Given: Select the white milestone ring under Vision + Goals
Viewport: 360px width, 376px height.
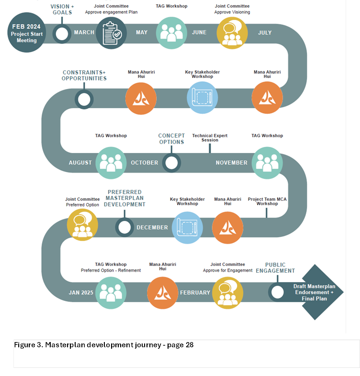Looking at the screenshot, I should tap(62, 33).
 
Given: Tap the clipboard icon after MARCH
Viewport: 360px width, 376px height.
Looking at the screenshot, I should tap(111, 33).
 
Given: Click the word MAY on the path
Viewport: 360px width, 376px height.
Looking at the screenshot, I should tap(142, 33).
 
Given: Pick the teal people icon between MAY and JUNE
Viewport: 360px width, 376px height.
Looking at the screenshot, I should tap(171, 33).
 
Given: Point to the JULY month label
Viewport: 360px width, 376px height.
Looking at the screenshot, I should tap(265, 33).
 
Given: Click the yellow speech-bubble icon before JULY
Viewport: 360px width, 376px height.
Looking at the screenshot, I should tap(232, 33).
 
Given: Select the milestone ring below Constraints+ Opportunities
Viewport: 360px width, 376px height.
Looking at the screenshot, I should tap(84, 99).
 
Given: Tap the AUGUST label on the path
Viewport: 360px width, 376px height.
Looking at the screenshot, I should tap(80, 163).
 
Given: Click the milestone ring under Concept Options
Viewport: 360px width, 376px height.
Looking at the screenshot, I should tap(171, 162).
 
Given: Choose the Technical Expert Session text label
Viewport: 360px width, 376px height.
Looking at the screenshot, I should tap(210, 138).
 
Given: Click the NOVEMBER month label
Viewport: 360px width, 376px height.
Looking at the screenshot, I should tap(232, 163).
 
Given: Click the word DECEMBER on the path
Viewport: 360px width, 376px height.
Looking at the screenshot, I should tap(152, 228).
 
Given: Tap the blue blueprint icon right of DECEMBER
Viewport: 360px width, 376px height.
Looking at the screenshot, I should tap(187, 228).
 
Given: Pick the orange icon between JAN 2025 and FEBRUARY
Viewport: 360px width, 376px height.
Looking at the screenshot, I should tap(162, 292).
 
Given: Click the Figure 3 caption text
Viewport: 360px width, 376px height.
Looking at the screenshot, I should tap(103, 345).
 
